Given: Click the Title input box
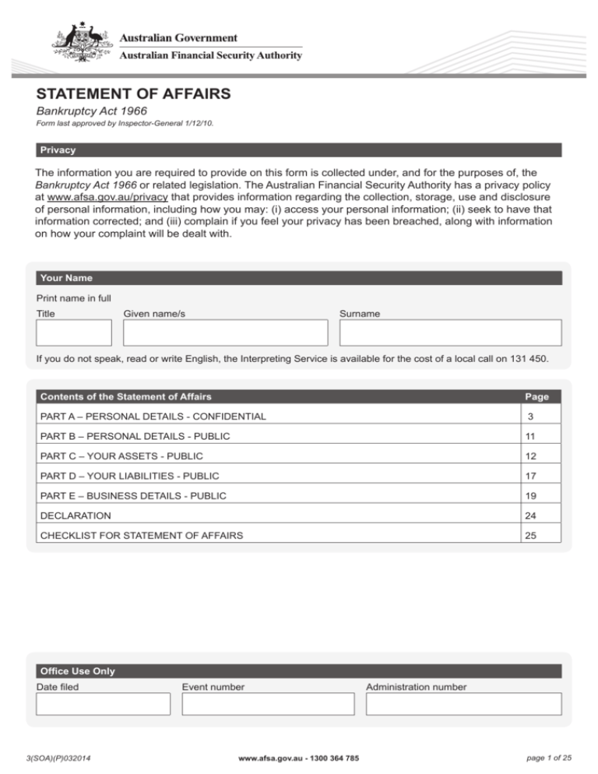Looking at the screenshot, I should point(74,332).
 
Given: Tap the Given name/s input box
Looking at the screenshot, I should point(226,332).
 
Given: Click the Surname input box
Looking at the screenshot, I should point(450,332).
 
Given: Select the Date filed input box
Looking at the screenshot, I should point(103,704).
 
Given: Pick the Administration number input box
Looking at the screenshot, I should point(463,704).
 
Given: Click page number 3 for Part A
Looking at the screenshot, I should point(531,417).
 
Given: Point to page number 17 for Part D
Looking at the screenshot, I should point(531,475).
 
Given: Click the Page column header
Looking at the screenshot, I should point(536,396).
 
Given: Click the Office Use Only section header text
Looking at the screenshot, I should point(76,671).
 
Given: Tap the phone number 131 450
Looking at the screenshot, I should point(532,360).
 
